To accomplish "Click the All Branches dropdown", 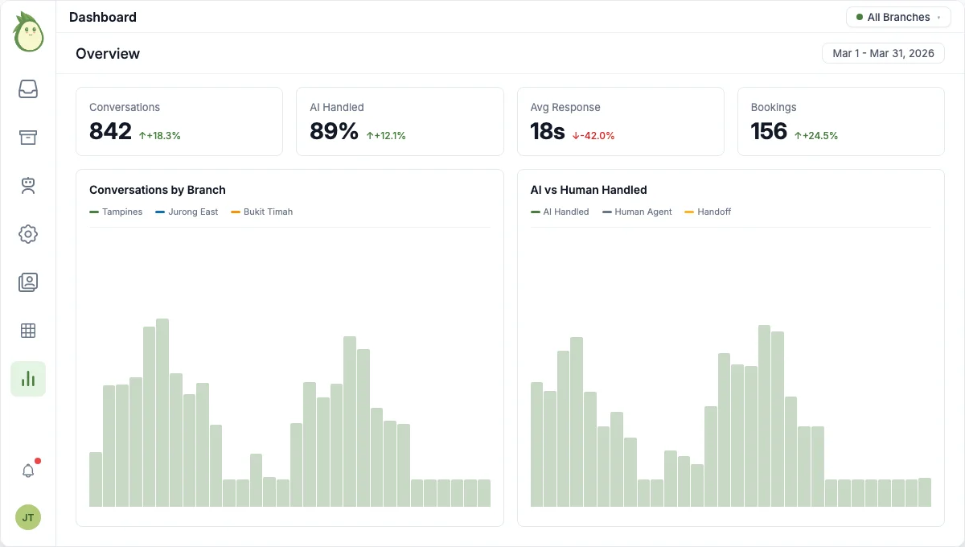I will click(897, 17).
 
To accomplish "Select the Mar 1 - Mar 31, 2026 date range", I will click(883, 53).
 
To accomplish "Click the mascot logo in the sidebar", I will click(28, 32).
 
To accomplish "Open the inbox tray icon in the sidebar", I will click(28, 89).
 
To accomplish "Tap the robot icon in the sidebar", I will click(28, 186).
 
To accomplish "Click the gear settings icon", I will click(28, 234).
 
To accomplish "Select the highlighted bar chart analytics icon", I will click(28, 379).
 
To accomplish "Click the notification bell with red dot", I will click(28, 471).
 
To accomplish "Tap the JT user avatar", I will click(28, 517).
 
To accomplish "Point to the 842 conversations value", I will click(110, 131).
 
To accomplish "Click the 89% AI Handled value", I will click(334, 131).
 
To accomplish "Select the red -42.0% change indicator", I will click(593, 136).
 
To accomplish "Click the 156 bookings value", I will click(769, 131).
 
